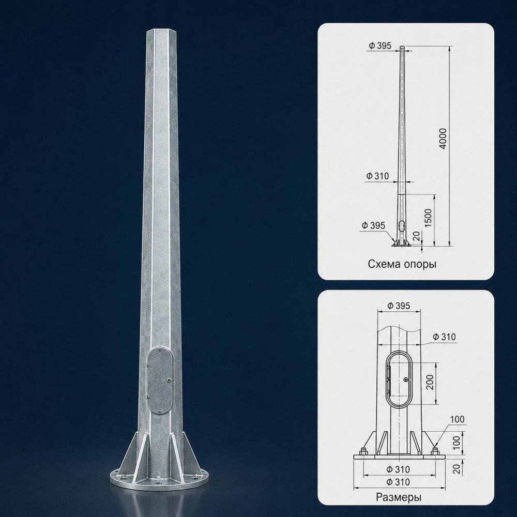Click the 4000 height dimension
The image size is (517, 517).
click(x=444, y=139)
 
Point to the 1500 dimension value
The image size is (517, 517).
click(x=428, y=218)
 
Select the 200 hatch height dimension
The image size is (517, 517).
click(x=430, y=382)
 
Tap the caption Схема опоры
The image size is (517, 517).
click(x=402, y=264)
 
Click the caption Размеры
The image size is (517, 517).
click(x=399, y=497)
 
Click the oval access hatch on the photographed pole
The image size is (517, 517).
click(x=160, y=380)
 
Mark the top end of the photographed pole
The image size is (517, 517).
click(x=163, y=31)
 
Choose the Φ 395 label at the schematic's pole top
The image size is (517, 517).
click(x=380, y=45)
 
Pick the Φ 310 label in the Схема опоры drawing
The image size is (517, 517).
click(x=377, y=176)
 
